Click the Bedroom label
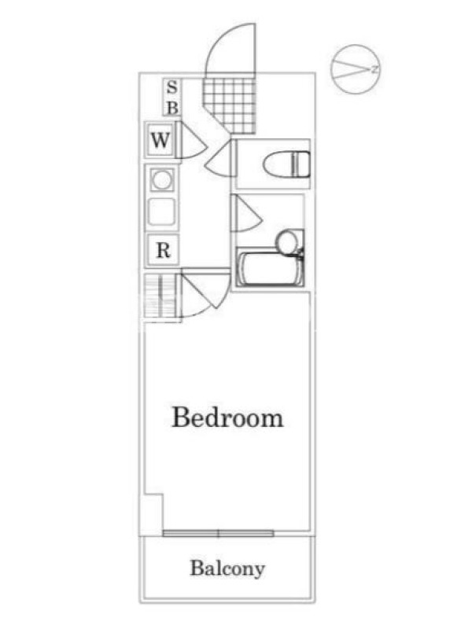(227, 418)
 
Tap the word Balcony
(227, 568)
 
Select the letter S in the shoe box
(171, 87)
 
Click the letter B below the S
(172, 107)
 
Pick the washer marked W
(160, 140)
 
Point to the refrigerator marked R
(163, 250)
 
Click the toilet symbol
(286, 164)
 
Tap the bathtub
(270, 267)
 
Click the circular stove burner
(162, 180)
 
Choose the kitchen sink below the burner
(161, 212)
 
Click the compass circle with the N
(355, 69)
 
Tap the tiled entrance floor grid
(230, 105)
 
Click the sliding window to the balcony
(219, 533)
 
